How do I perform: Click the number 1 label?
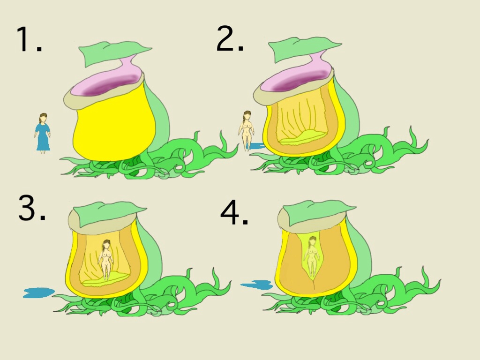(29, 39)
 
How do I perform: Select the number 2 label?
(230, 38)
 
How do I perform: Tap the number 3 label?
(32, 208)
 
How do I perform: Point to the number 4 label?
(234, 212)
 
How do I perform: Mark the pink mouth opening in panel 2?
(296, 82)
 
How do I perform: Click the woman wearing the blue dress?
(43, 133)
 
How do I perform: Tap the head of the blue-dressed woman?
(44, 118)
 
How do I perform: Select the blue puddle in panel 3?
(38, 292)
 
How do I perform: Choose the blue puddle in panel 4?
(256, 285)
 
